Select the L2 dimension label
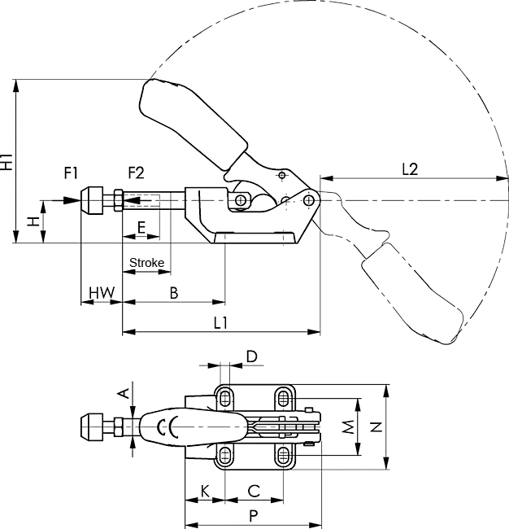click(410, 169)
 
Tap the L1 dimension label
click(220, 323)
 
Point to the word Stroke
click(147, 263)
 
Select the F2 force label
click(136, 173)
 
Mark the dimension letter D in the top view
click(251, 356)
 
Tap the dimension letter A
click(124, 394)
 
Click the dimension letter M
click(347, 426)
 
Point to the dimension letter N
click(375, 426)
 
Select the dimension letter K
click(205, 491)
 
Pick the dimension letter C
click(253, 491)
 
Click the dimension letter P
click(253, 515)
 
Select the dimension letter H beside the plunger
click(32, 221)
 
